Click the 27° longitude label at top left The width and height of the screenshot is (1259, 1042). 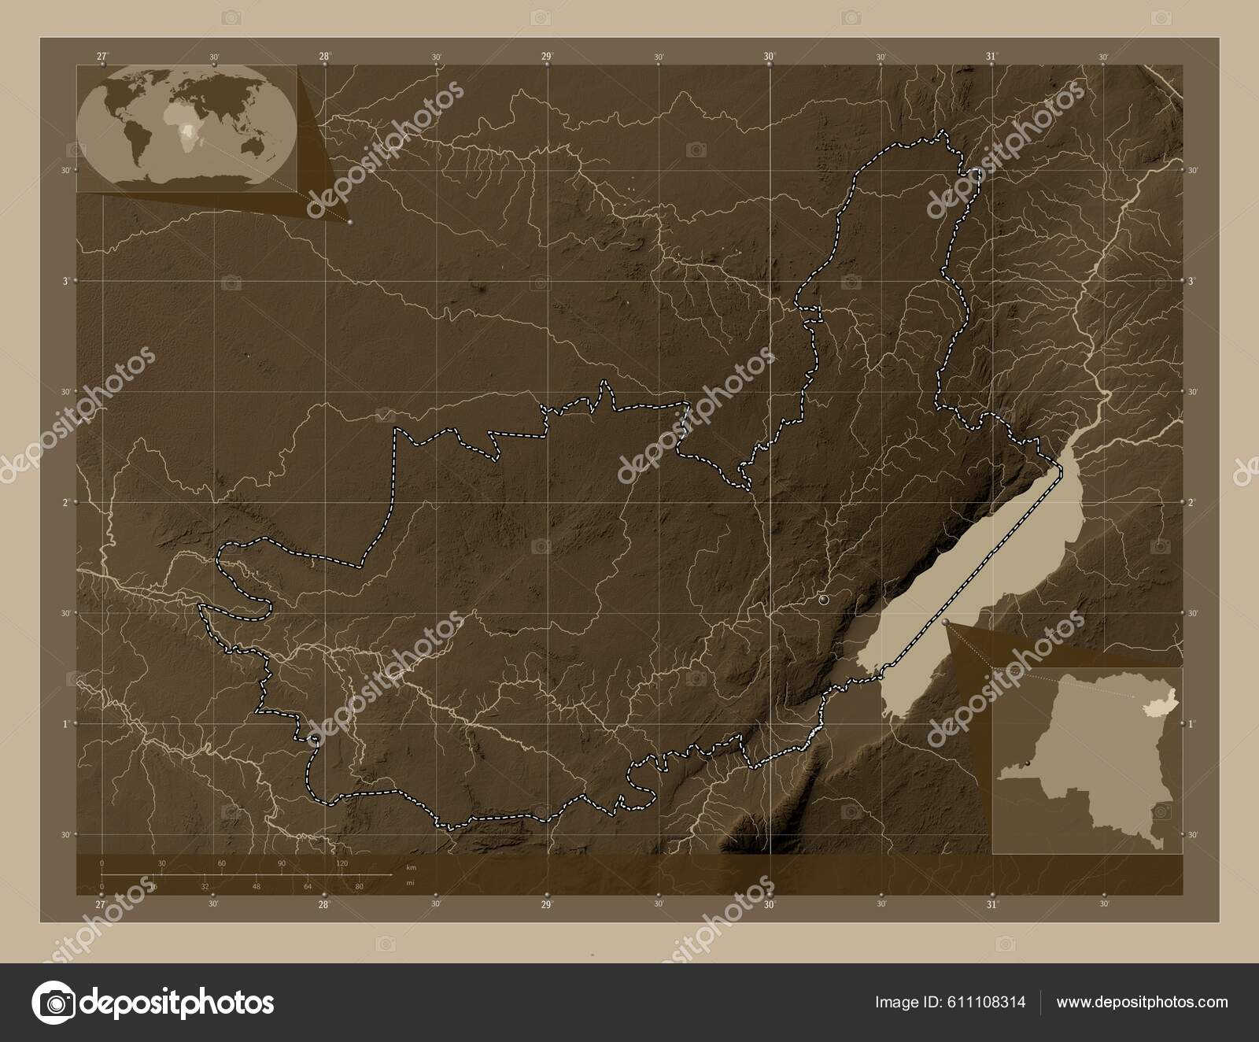[x=102, y=56]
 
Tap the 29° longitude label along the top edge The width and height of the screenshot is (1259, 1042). [x=547, y=56]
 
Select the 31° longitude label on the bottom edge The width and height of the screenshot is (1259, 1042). [x=992, y=904]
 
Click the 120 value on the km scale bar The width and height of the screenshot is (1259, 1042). [x=342, y=863]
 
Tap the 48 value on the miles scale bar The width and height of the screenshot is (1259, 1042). [x=256, y=886]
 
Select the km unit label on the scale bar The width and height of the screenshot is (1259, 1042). [x=410, y=866]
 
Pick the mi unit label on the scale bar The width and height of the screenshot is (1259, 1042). [x=409, y=882]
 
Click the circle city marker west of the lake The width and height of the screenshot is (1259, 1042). [x=824, y=600]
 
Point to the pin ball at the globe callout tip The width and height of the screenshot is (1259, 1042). [x=349, y=223]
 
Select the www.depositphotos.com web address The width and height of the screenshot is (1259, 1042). [x=1142, y=1003]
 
